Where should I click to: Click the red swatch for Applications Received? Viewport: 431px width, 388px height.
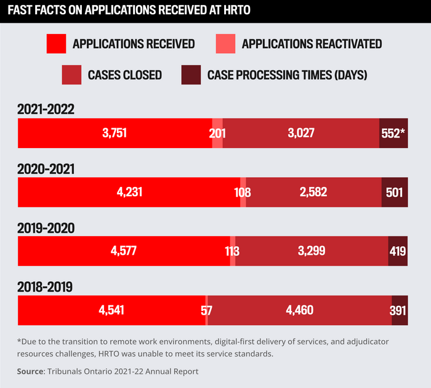point(56,44)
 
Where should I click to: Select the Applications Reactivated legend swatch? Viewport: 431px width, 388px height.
point(225,44)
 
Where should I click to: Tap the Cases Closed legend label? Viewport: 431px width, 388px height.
point(124,75)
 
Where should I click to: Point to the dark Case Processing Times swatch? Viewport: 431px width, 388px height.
point(191,75)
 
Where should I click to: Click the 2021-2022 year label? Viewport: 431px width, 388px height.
point(46,109)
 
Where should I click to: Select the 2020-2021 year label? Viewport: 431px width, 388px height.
point(46,168)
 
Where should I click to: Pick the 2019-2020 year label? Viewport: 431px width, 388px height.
point(46,228)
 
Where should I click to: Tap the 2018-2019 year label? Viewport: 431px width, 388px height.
point(46,287)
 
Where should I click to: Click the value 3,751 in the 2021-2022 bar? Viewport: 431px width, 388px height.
point(114,133)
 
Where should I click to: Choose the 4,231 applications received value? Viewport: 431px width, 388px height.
point(129,192)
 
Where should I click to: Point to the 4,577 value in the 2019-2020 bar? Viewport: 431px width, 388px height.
point(123,251)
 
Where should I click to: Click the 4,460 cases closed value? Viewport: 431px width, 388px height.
point(300,310)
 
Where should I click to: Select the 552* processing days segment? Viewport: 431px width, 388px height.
point(393,133)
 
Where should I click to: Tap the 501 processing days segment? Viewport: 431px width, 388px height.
point(394,192)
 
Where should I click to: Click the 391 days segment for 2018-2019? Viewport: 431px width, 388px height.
point(398,310)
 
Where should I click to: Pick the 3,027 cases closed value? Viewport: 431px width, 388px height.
point(302,133)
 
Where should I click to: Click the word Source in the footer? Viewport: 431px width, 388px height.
point(30,371)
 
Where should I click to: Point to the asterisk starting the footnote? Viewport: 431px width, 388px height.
point(20,341)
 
